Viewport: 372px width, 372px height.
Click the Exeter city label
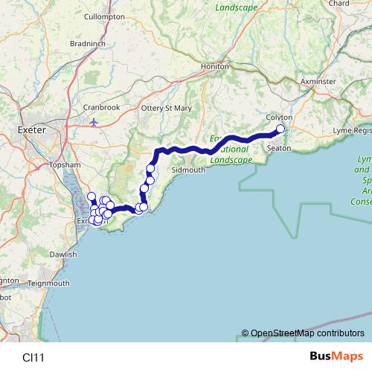pyautogui.click(x=31, y=129)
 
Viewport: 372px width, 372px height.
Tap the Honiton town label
pyautogui.click(x=215, y=66)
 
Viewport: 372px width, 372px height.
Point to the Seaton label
pyautogui.click(x=278, y=148)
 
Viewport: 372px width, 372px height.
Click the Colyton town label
pyautogui.click(x=280, y=118)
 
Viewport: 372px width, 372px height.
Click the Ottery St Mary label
pyautogui.click(x=167, y=108)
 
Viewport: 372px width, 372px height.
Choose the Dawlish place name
pyautogui.click(x=63, y=254)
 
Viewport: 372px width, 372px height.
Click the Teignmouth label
pyautogui.click(x=48, y=283)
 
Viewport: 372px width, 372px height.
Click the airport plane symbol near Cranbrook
pyautogui.click(x=92, y=121)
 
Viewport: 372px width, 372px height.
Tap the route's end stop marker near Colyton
pyautogui.click(x=280, y=129)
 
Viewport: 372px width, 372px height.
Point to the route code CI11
pyautogui.click(x=33, y=357)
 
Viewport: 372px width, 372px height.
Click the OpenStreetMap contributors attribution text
pyautogui.click(x=307, y=333)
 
